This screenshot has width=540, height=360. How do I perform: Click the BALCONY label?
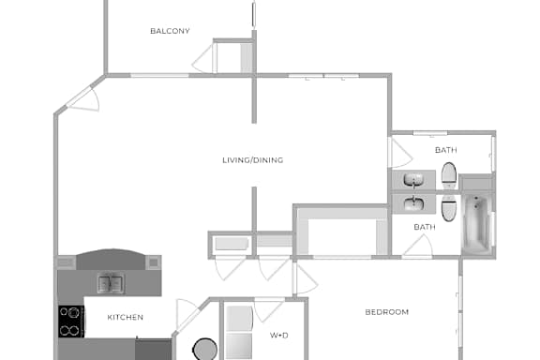click(x=170, y=31)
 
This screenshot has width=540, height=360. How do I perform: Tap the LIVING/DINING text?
click(x=253, y=160)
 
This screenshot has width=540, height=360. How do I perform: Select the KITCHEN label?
click(x=126, y=317)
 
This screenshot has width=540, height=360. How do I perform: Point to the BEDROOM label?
click(x=387, y=312)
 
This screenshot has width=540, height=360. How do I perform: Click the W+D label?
click(x=279, y=336)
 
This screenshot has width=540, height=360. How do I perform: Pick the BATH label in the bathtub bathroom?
click(x=425, y=227)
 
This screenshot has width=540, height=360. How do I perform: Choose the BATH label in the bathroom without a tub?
click(x=446, y=150)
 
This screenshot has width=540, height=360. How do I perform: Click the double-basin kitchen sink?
click(x=111, y=283)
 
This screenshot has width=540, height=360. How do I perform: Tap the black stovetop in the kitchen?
click(x=71, y=322)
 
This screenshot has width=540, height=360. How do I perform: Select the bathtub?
click(x=477, y=223)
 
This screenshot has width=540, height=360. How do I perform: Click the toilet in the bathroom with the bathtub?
click(x=449, y=208)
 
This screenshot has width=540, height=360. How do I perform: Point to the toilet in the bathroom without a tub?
click(x=449, y=175)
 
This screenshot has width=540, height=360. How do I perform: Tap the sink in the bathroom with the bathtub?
click(x=414, y=203)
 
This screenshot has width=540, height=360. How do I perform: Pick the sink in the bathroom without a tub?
click(x=414, y=180)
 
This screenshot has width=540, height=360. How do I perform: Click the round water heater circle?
click(x=205, y=350)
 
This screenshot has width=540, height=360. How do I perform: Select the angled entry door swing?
click(x=84, y=100)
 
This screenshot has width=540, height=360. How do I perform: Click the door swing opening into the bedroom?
click(x=305, y=278)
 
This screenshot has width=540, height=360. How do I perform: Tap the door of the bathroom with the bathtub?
click(x=418, y=246)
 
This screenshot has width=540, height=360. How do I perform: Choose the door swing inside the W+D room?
click(x=269, y=309)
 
